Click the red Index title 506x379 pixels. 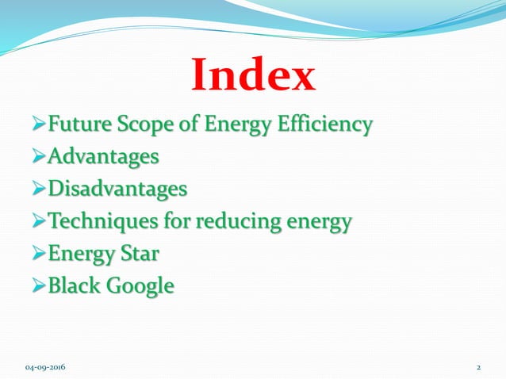click(x=253, y=77)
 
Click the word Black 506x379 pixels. click(x=75, y=285)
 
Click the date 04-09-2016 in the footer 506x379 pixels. click(x=45, y=368)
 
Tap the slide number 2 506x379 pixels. click(x=479, y=368)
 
